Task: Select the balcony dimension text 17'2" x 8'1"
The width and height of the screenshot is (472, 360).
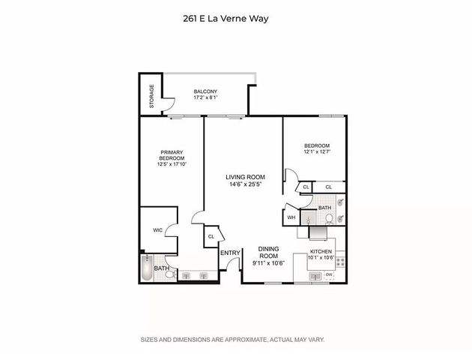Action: (205, 98)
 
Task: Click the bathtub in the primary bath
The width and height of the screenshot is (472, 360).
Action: (147, 268)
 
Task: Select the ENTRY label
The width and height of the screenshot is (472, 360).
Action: (229, 253)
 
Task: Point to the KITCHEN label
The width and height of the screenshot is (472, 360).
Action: (321, 251)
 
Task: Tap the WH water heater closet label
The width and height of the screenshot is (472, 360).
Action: (291, 217)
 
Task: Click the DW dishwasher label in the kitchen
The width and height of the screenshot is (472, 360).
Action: (329, 276)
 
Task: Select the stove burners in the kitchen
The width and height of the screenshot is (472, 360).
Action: (339, 262)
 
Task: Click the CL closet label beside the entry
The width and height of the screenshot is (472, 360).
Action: (211, 237)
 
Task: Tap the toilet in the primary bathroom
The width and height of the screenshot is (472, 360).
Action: (172, 275)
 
